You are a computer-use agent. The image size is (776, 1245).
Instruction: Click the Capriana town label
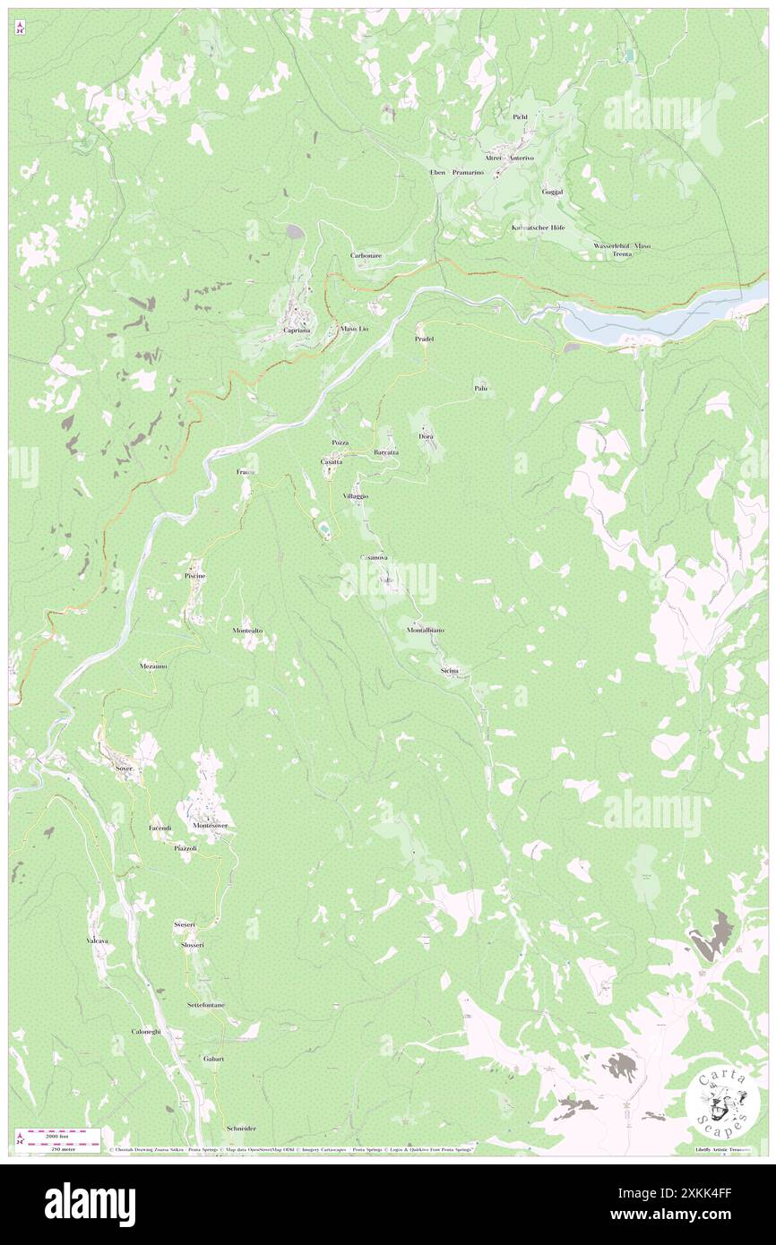[297, 331]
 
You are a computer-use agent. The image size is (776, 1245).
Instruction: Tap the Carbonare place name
[366, 255]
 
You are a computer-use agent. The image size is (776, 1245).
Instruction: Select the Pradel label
[424, 339]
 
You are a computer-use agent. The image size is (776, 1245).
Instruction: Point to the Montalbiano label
[425, 631]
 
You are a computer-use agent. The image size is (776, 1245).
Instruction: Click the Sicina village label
[450, 670]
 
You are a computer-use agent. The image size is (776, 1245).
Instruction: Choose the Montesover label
[207, 825]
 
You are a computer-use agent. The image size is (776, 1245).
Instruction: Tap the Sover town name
[124, 768]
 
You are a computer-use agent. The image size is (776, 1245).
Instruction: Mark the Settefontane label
[206, 1005]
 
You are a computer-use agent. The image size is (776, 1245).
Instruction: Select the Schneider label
[242, 1129]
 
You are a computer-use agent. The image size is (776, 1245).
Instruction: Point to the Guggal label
[552, 192]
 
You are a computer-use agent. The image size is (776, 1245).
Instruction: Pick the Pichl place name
[521, 117]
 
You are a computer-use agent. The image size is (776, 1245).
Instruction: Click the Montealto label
[247, 631]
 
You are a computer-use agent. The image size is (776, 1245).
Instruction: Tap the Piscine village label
[195, 575]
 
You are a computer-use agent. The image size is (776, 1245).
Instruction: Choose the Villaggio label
[356, 495]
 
